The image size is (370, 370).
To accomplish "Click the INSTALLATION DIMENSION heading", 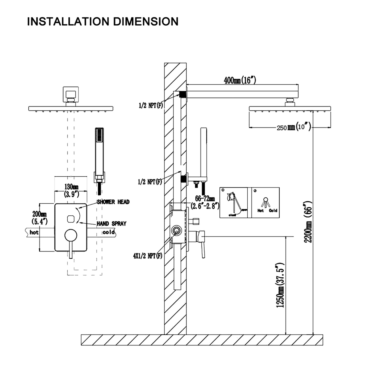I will [x=103, y=22].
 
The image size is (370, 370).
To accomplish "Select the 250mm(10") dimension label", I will [x=293, y=127].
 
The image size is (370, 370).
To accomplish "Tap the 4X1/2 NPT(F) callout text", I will [x=148, y=256].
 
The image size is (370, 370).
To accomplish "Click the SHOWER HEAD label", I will [x=113, y=202].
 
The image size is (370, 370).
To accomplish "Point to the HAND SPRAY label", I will [x=111, y=224].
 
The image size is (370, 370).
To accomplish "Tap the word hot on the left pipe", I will [x=34, y=232].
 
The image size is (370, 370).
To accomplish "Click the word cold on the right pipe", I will [x=109, y=232].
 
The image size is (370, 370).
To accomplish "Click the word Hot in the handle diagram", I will [x=261, y=210].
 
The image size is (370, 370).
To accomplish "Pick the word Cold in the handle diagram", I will [x=273, y=210].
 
